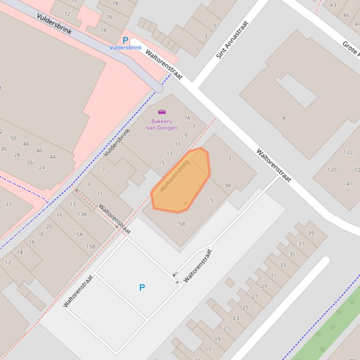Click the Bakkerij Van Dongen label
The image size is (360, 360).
162,124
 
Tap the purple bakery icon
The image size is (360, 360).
162,112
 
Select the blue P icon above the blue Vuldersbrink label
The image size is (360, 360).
125,41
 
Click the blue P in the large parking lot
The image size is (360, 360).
142,288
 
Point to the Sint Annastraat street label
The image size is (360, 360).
232,39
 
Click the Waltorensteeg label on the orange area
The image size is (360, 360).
174,176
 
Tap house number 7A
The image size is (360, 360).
187,118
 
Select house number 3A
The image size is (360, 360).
228,186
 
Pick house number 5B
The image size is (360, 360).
182,224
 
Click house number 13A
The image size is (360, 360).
82,214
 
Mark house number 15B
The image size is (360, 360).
90,246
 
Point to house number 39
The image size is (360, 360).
311,233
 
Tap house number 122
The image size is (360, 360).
348,152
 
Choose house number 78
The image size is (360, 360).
115,4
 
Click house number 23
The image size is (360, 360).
236,318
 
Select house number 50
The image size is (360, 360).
13,138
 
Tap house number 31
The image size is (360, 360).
273,275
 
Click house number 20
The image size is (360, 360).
49,227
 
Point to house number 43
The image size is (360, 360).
333,6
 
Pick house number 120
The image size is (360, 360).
332,170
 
